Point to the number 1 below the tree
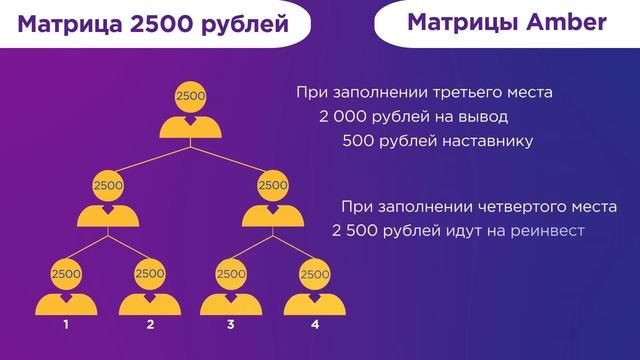66,325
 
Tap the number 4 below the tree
314,325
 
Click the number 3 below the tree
231,325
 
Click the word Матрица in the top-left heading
68,24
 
